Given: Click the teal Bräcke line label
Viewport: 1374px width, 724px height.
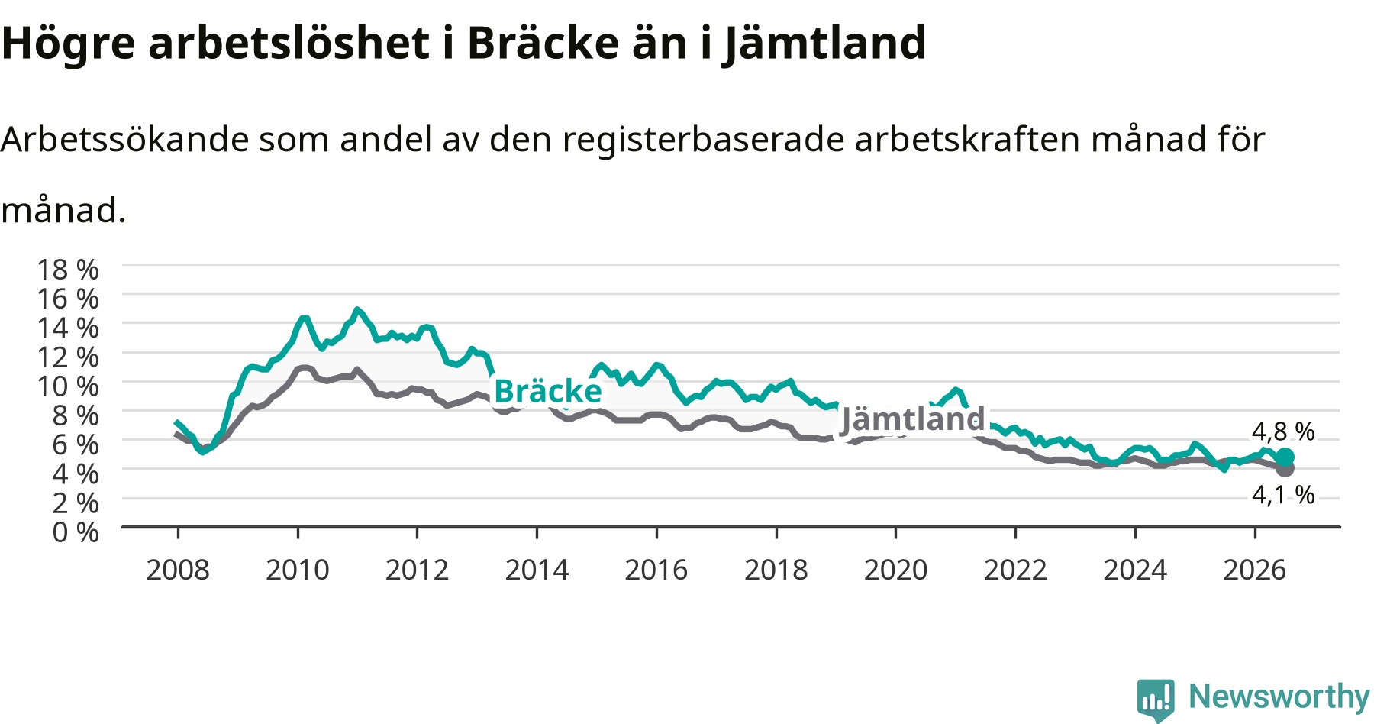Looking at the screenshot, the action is point(548,391).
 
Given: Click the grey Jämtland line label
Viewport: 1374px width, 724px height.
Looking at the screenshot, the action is point(913,419).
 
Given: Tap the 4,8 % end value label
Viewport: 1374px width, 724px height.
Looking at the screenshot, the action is point(1283,431).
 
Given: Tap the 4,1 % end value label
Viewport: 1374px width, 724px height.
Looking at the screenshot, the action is point(1283,495).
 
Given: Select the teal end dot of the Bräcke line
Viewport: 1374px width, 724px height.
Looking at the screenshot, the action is point(1285,457).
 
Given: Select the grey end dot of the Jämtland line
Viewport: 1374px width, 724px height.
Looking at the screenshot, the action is point(1285,468).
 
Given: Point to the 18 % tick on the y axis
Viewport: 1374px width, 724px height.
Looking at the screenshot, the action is point(68,270).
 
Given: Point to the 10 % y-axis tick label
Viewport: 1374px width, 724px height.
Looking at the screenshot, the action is point(68,386).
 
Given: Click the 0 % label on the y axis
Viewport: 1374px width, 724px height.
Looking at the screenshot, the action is point(76,532).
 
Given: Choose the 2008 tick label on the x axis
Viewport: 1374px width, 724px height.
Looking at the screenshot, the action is point(178,570).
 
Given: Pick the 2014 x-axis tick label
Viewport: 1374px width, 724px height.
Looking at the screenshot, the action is point(537,570).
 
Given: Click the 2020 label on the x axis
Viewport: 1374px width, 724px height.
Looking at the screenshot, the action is point(895,570).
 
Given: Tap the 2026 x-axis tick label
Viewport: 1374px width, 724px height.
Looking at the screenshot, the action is point(1255,570).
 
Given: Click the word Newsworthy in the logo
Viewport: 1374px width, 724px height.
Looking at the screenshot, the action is point(1279,697).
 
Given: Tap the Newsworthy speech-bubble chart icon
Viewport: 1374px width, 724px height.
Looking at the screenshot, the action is point(1156,700).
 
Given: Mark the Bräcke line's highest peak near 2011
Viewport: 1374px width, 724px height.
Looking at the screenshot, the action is point(356,309).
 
